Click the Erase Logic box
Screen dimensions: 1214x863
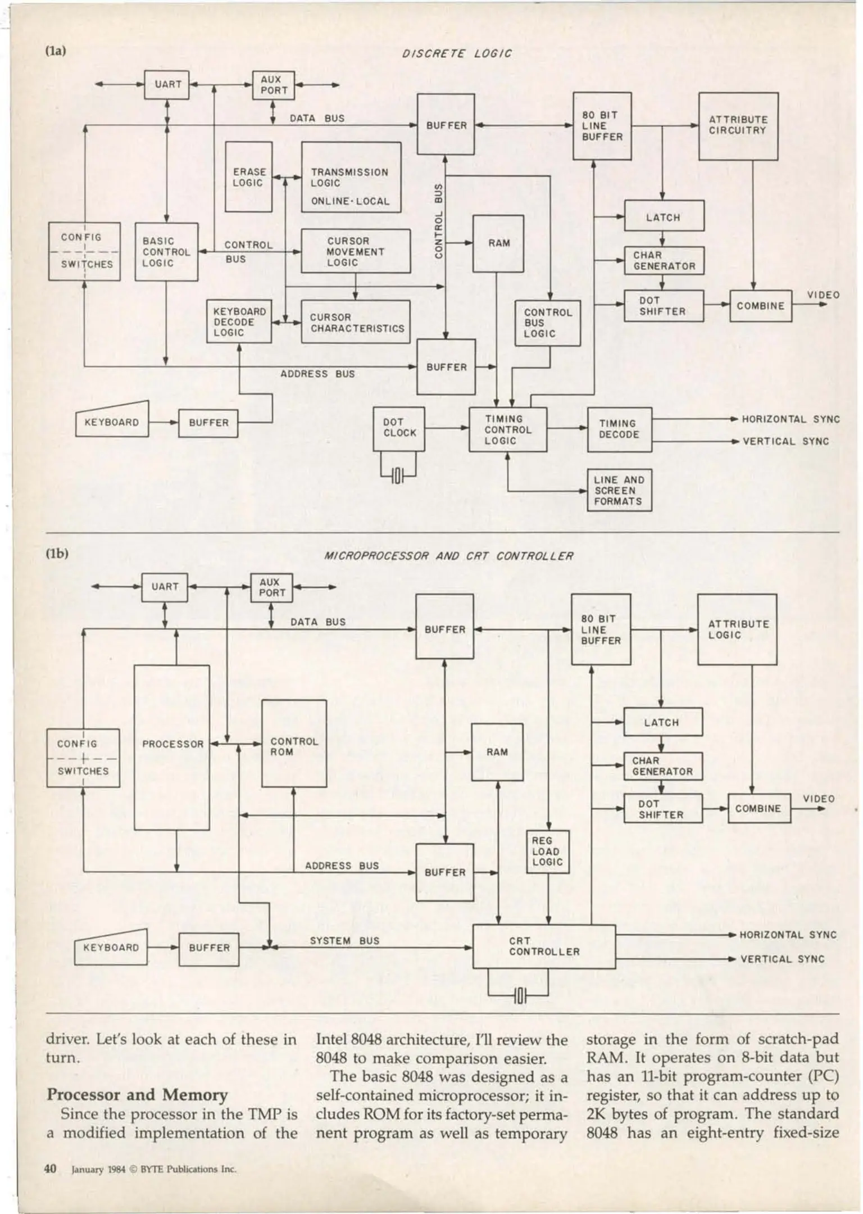248,176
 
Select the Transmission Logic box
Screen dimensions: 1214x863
351,177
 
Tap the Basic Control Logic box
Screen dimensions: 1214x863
166,252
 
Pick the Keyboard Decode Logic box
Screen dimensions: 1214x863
239,321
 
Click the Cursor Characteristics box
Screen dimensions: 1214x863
356,322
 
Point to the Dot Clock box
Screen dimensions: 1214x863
399,428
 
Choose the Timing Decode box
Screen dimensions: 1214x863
619,429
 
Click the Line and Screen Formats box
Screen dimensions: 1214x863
619,490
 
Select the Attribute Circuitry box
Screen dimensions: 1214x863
738,126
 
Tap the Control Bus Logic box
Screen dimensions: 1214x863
547,323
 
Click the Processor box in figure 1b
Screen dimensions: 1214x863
172,748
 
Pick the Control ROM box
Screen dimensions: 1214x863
294,744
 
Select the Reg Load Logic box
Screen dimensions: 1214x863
547,852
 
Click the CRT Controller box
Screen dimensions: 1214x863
543,946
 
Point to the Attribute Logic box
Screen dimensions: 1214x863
737,629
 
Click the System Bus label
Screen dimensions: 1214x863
344,941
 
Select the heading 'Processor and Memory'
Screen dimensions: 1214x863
137,1094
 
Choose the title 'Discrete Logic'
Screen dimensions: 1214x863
457,53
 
